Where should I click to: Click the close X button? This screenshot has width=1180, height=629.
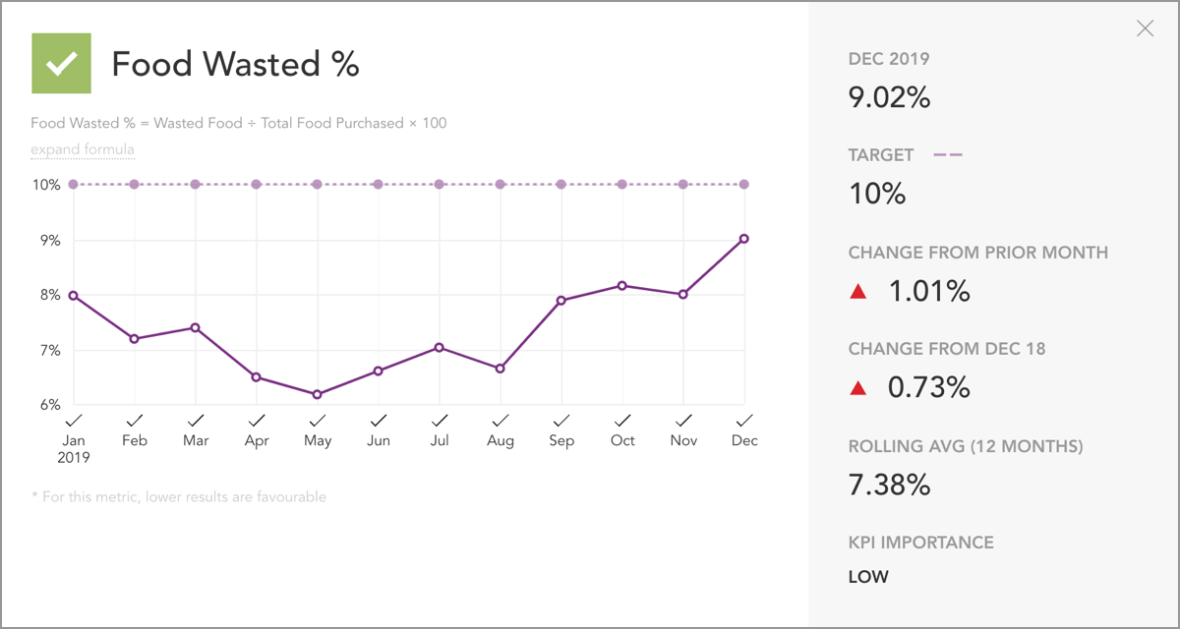coord(1145,29)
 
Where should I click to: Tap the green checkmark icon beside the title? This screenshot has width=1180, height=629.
coord(61,64)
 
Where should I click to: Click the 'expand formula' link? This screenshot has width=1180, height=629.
coord(83,150)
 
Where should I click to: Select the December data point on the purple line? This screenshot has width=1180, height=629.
coord(744,239)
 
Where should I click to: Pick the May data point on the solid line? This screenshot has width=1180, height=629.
coord(318,394)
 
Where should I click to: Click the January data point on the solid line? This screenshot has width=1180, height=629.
coord(74,296)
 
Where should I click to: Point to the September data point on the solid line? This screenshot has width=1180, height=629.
coord(561,301)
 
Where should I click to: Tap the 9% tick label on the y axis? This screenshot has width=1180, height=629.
coord(48,241)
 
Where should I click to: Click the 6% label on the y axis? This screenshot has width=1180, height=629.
coord(48,405)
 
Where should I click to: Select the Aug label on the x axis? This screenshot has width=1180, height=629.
coord(501,441)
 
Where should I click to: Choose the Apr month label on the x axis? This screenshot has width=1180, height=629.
coord(257,441)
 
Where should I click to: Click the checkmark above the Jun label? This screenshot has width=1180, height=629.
coord(379,421)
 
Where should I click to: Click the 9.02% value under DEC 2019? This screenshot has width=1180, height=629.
coord(889,97)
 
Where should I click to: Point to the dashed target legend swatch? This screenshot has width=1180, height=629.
coord(947,155)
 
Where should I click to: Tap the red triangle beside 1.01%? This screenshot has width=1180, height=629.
coord(858,292)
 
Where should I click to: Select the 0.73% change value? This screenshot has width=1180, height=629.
coord(928,387)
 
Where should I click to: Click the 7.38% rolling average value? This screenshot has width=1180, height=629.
coord(889,485)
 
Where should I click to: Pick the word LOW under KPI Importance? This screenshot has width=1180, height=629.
coord(868,577)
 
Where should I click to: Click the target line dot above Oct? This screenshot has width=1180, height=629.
coord(622,185)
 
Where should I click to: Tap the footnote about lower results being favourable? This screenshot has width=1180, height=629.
coord(178,497)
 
